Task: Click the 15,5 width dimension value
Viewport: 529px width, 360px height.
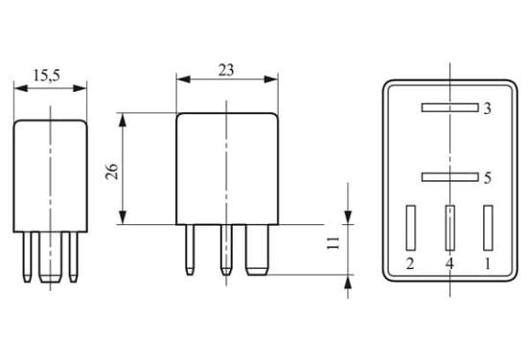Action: pos(47,76)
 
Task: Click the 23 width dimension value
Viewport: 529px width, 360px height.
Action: pos(226,70)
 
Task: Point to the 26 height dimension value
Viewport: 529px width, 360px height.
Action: pos(112,171)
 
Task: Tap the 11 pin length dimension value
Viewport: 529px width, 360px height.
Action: pos(333,242)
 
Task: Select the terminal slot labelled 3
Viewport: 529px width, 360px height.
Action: pos(449,107)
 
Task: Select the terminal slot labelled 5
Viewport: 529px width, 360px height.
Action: pos(449,177)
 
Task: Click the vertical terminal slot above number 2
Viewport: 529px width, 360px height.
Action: pos(410,228)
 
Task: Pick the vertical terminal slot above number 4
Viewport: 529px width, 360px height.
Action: pos(449,228)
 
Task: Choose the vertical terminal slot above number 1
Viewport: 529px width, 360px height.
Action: pos(488,228)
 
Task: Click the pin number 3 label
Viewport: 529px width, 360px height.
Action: pos(487,109)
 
